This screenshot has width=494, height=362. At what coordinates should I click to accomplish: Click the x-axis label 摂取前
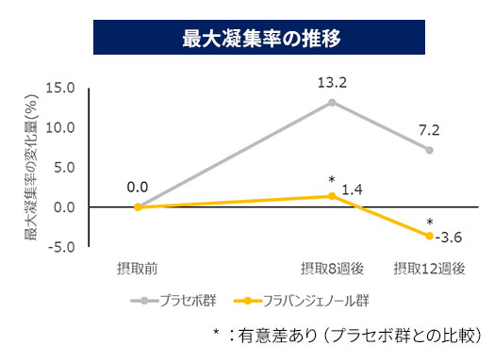click(138, 268)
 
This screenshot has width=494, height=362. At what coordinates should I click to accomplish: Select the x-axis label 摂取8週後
click(331, 268)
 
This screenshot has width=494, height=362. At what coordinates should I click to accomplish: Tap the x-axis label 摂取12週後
click(429, 268)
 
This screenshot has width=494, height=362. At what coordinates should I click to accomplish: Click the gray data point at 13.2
click(332, 102)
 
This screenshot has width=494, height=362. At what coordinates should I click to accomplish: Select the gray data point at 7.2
click(429, 150)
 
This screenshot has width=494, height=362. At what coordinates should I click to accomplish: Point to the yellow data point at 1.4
click(332, 196)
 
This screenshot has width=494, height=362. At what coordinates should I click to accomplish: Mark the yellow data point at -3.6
click(429, 236)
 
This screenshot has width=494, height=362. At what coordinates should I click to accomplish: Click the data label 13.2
click(332, 83)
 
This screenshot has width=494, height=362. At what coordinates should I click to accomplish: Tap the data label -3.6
click(451, 237)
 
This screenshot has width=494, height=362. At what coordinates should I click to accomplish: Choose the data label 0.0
click(138, 188)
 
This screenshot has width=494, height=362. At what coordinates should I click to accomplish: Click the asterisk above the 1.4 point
click(332, 179)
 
